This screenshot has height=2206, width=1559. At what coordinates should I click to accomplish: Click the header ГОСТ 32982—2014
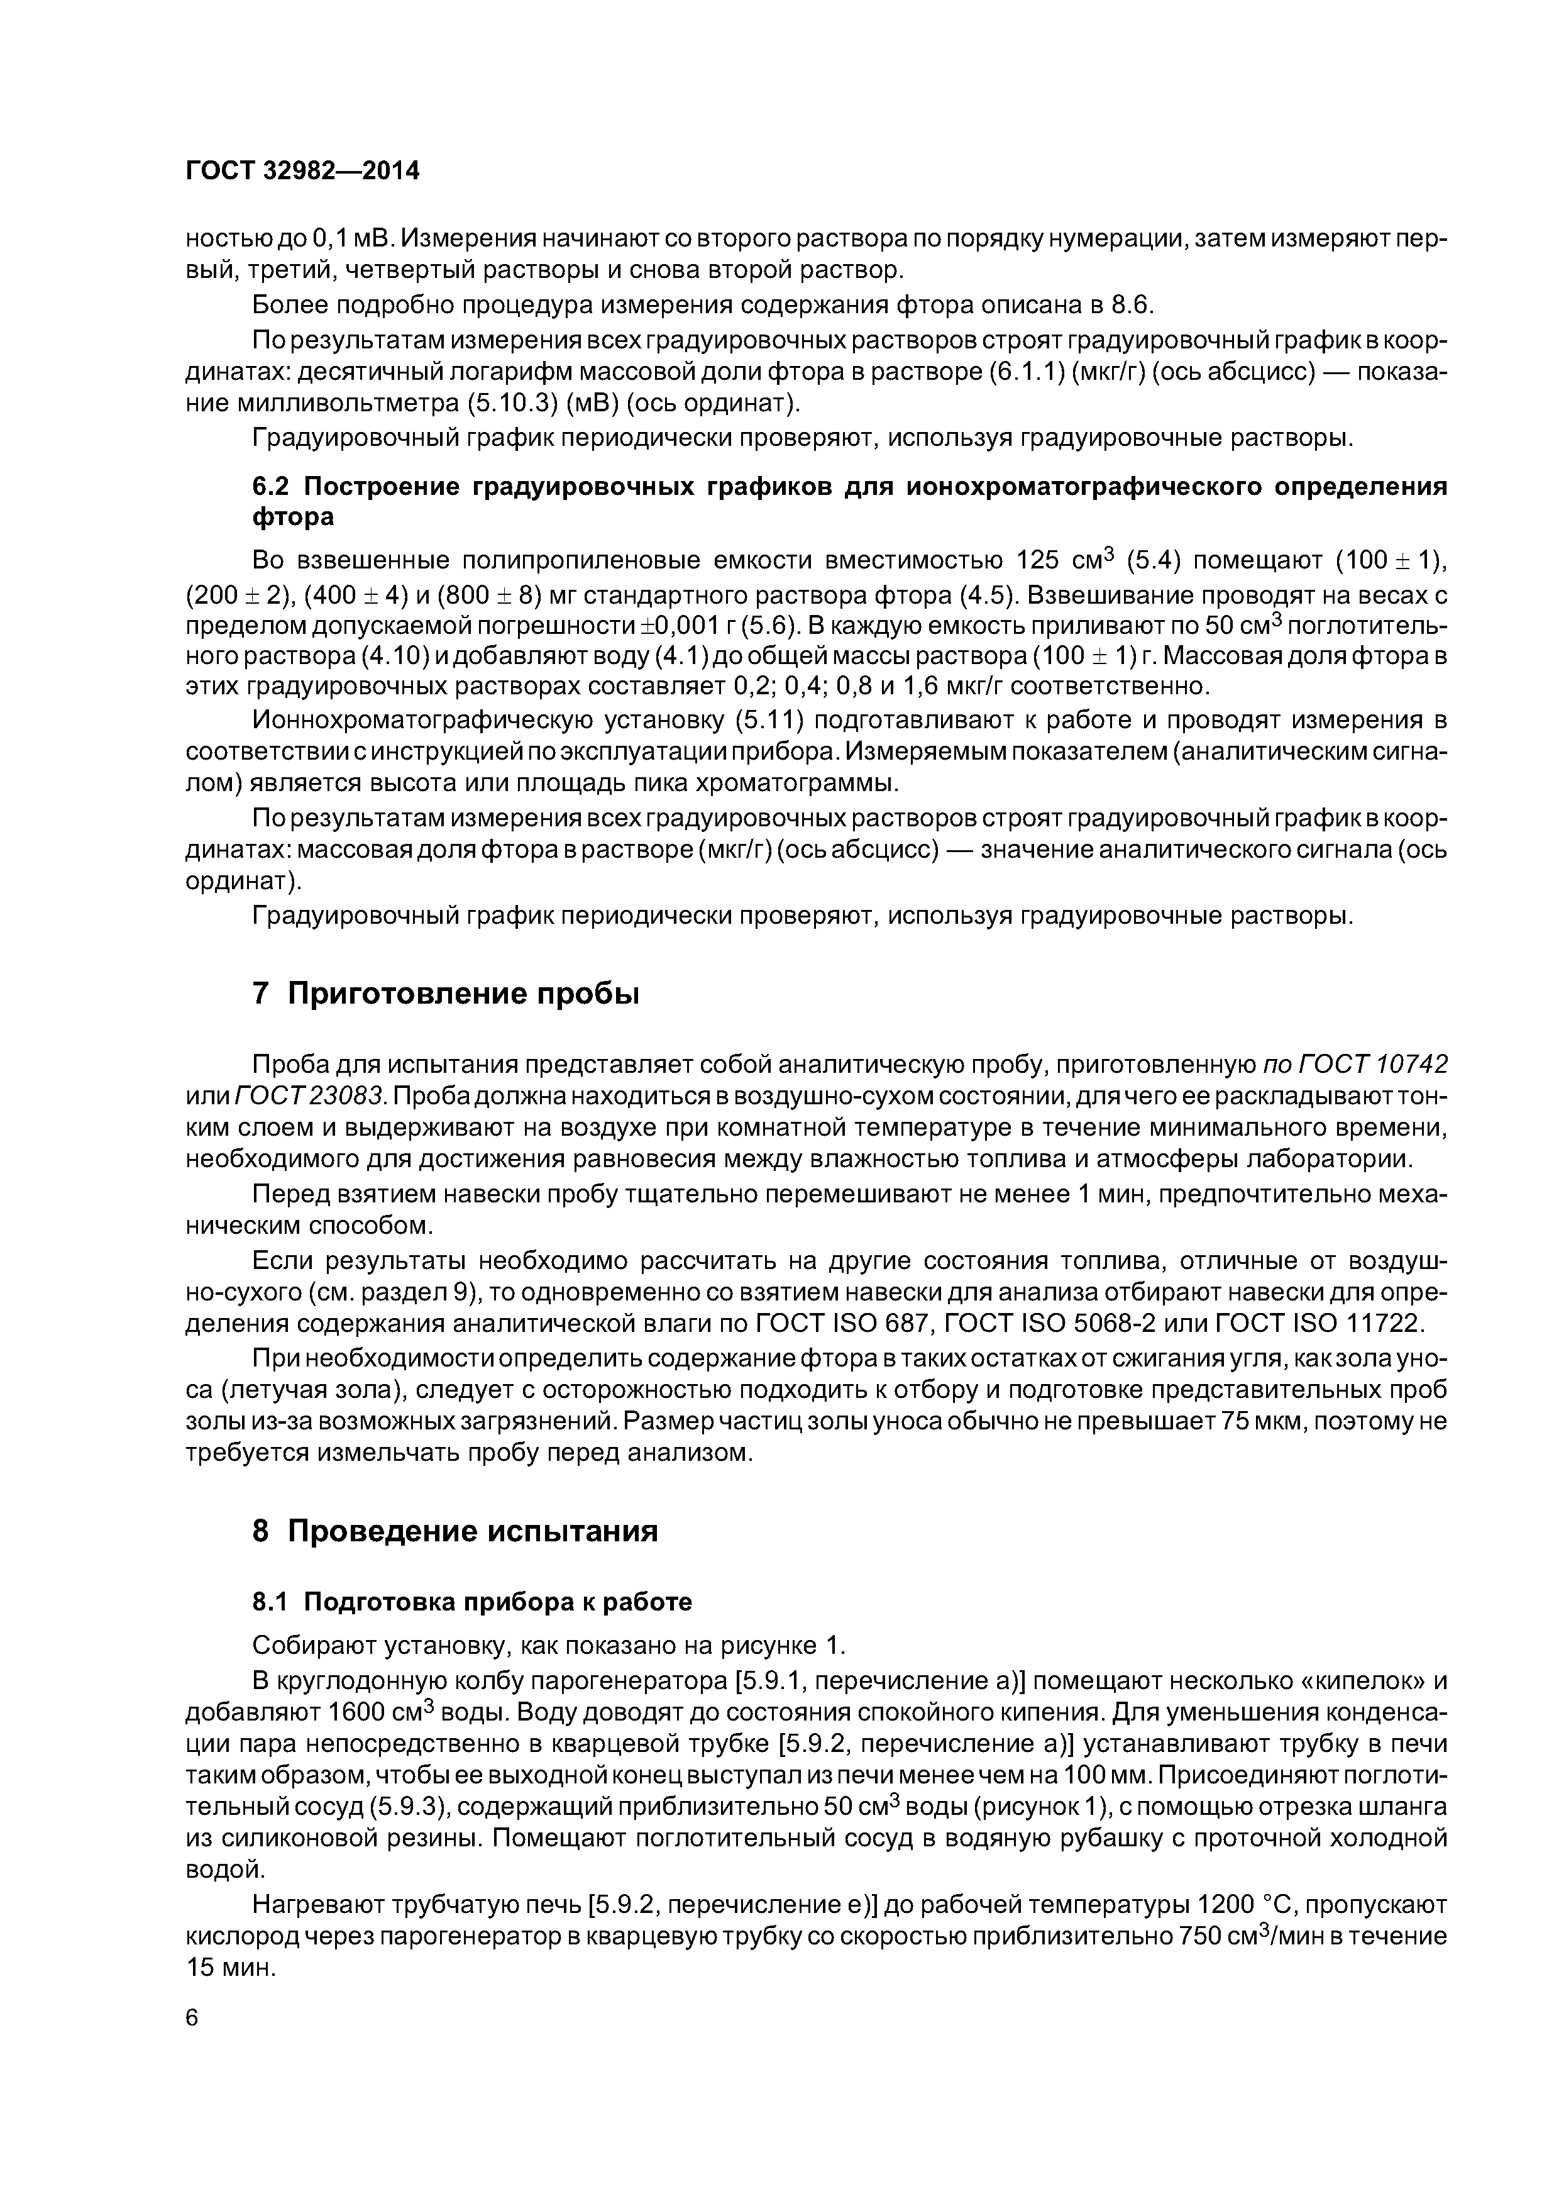click(x=302, y=171)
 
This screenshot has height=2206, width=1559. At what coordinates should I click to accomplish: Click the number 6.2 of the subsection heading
click(x=273, y=486)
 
